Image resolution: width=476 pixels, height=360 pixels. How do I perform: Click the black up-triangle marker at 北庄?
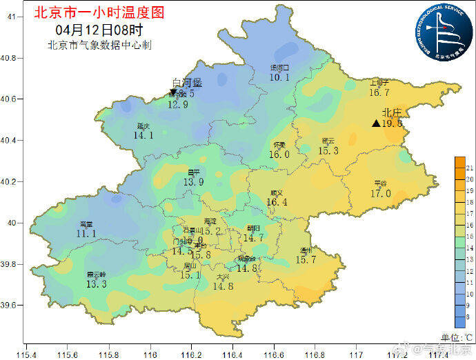[x=375, y=123]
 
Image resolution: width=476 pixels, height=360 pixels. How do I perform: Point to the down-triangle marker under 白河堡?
[x=172, y=92]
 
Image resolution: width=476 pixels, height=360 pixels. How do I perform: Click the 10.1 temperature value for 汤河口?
[x=279, y=78]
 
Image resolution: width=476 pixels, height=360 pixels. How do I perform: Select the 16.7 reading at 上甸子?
[x=379, y=92]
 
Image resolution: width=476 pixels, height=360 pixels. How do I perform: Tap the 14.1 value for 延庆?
[x=143, y=136]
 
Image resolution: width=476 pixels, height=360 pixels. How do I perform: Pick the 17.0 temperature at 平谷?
[x=380, y=194]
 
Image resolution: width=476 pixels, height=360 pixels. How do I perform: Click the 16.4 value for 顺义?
[x=277, y=202]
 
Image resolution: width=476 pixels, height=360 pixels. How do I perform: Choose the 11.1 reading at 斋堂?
[x=86, y=234]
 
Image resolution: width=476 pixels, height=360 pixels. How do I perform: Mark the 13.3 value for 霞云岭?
[x=97, y=284]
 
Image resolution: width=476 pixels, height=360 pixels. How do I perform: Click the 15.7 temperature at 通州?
[x=306, y=260]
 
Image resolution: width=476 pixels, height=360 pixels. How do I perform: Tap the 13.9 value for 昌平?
[x=194, y=182]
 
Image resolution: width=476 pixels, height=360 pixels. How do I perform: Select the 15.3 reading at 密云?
[x=328, y=151]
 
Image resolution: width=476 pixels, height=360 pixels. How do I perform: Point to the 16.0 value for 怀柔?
[x=279, y=154]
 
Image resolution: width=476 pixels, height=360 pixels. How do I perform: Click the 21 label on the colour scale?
[x=469, y=168]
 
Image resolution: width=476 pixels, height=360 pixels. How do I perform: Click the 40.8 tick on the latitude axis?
[x=9, y=58]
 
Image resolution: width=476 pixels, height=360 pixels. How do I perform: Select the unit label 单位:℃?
[x=456, y=337]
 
